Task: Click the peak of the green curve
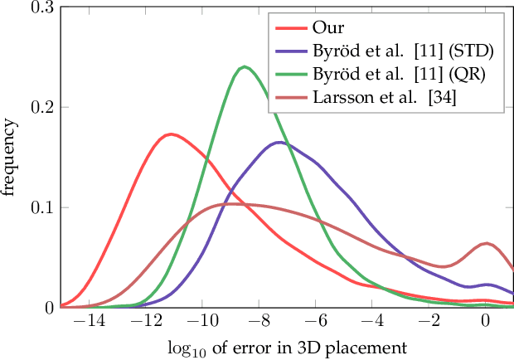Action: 244,67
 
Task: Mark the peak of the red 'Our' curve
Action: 170,134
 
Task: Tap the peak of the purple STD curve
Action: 279,143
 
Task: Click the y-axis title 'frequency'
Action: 11,158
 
